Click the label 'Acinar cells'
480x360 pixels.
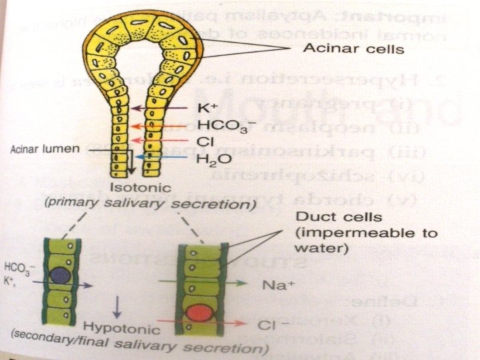(x=343, y=48)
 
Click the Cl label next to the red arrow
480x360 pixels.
(x=204, y=141)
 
